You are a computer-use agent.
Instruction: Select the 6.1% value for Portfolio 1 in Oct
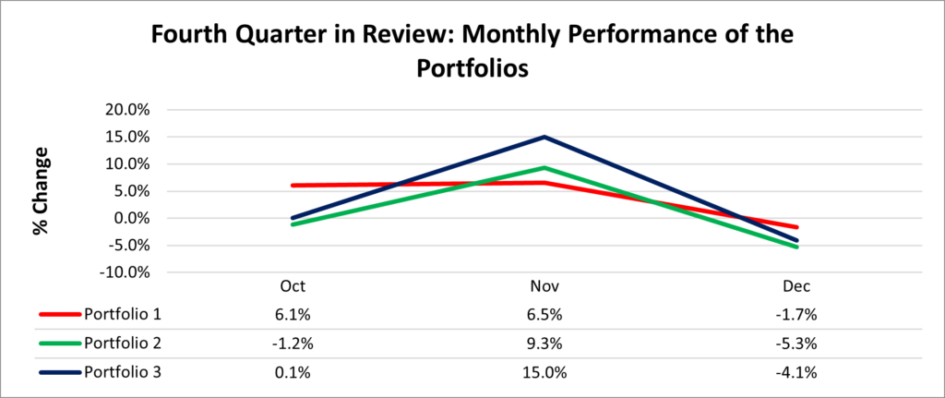click(291, 314)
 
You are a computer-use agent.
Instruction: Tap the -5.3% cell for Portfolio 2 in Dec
click(797, 344)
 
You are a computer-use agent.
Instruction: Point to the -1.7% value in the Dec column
click(797, 314)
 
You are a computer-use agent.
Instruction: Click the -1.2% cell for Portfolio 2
click(291, 344)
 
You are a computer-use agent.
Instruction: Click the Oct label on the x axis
click(292, 285)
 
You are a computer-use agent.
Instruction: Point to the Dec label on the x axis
click(798, 285)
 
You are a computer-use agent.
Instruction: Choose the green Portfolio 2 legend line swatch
click(59, 344)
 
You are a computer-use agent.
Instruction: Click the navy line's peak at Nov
click(544, 137)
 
